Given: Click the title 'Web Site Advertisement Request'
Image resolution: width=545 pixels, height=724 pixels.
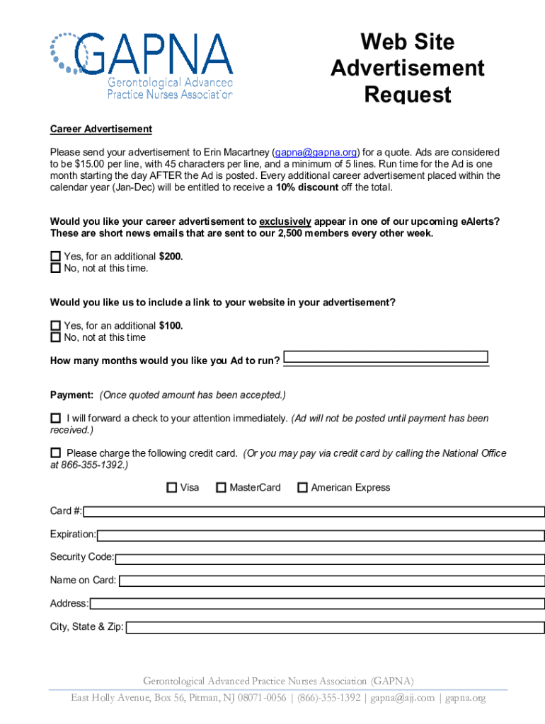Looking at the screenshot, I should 407,69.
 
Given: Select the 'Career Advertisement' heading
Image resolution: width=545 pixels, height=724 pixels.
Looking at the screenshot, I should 101,129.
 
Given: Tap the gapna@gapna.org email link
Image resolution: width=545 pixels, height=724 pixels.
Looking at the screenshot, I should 316,152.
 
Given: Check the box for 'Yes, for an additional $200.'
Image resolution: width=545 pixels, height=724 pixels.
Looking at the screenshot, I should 55,257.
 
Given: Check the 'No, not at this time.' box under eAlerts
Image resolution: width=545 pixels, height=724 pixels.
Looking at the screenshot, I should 55,268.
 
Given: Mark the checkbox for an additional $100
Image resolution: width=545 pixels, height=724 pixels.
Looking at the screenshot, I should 55,326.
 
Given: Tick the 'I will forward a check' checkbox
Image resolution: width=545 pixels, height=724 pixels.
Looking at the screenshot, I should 55,419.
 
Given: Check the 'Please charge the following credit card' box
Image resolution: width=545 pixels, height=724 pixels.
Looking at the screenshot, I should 55,452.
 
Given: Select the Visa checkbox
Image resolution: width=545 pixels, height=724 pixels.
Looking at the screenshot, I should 171,487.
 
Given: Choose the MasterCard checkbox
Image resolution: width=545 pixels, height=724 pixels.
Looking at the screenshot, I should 221,487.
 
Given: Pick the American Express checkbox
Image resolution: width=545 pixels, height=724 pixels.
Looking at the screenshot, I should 302,487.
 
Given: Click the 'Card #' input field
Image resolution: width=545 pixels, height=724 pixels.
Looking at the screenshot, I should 314,511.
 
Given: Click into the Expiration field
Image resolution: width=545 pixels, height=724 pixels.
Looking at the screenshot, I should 321,535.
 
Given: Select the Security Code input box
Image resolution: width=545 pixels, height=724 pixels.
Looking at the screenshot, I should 329,558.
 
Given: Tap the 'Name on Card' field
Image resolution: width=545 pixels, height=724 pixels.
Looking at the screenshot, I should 331,580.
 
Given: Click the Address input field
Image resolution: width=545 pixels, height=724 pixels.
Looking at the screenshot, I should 317,604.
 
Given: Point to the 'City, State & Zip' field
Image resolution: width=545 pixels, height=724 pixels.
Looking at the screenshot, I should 335,627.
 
